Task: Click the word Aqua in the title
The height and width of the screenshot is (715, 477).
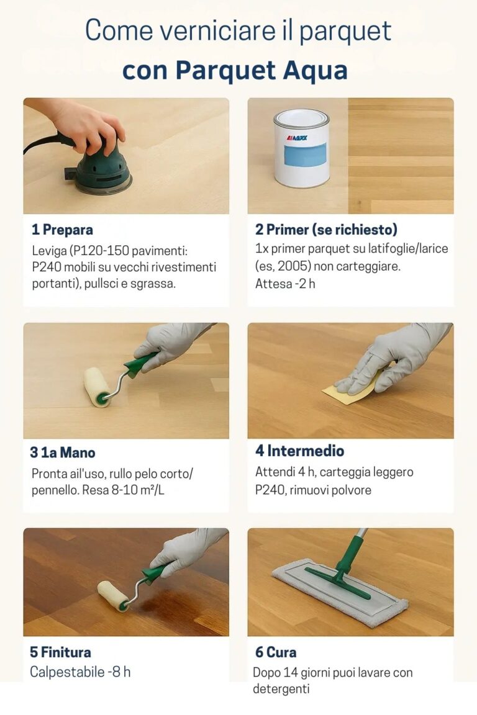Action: [x=316, y=70]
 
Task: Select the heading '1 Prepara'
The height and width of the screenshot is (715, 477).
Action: [x=62, y=230]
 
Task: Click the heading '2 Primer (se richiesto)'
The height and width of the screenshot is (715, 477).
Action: [x=326, y=230]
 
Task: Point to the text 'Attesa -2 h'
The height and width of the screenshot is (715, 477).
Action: [x=285, y=284]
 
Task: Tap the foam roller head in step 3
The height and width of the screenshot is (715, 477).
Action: [x=97, y=387]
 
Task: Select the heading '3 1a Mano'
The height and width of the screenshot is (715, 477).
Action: [x=63, y=452]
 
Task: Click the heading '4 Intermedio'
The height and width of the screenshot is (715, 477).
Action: [x=299, y=451]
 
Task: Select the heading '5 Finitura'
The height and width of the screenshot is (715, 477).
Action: [x=60, y=652]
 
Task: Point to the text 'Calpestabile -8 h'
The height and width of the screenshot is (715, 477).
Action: [x=80, y=672]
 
